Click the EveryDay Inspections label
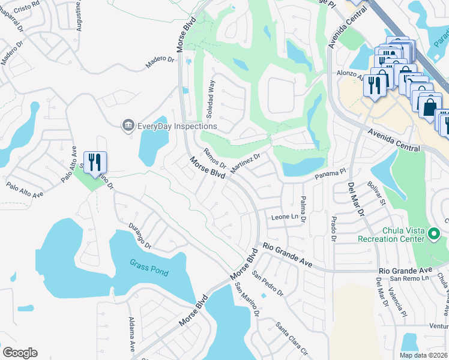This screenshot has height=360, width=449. (x=177, y=127)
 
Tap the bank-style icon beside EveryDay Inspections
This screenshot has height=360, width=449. (x=128, y=125)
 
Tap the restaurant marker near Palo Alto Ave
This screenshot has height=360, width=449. (x=95, y=163)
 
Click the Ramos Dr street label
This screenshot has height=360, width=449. (x=214, y=158)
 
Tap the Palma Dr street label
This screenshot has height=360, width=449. (x=303, y=209)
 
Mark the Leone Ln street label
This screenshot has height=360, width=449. (x=285, y=217)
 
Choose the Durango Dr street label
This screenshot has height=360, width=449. (x=140, y=236)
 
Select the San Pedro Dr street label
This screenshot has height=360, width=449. (x=267, y=284)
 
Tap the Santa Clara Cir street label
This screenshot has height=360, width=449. (x=292, y=338)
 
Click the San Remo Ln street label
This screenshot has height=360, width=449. (x=409, y=278)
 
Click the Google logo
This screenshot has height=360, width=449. (x=20, y=353)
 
